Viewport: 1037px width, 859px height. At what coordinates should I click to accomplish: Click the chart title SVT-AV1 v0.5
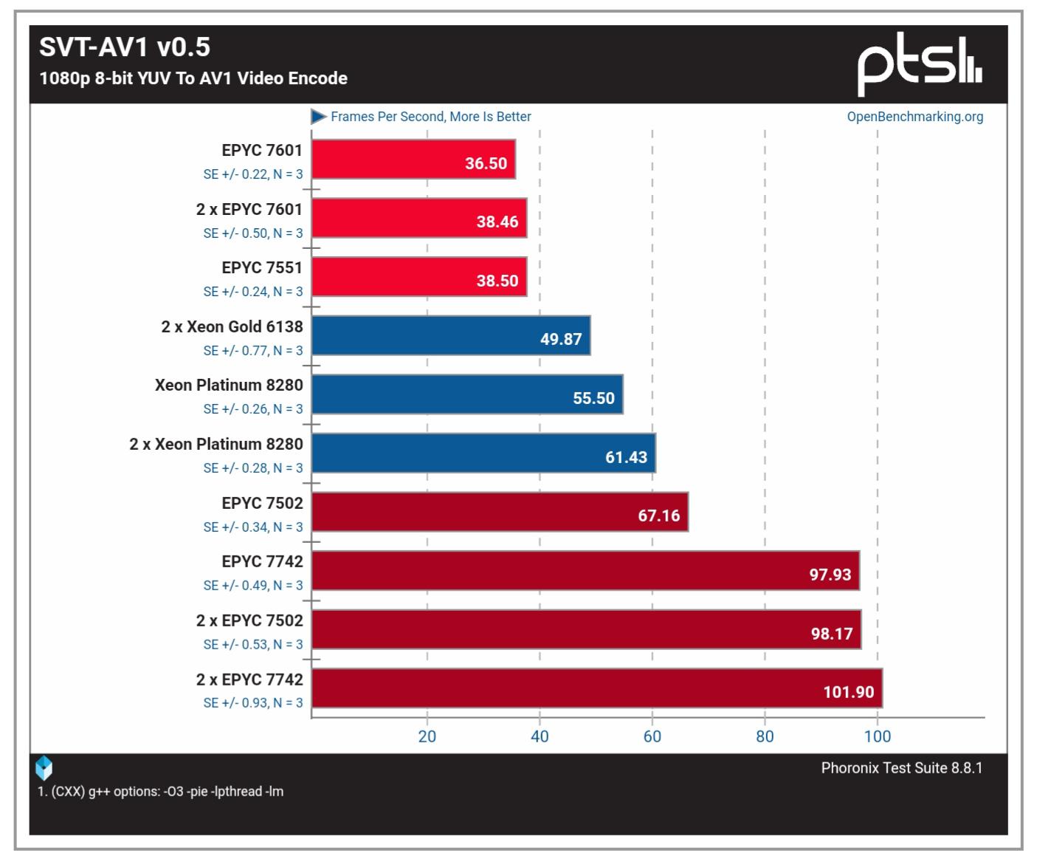(124, 47)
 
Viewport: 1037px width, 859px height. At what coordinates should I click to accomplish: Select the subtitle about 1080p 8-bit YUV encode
(193, 78)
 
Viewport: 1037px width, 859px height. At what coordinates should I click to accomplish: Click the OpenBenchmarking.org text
(914, 117)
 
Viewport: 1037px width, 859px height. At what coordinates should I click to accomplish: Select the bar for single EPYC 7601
(413, 160)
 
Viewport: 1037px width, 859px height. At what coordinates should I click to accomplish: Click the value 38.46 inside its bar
(497, 222)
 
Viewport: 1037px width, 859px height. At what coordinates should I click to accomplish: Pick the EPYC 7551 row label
(262, 267)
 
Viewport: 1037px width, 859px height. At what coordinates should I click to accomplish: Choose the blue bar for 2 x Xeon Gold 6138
(450, 336)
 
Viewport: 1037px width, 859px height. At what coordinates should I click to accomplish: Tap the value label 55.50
(593, 398)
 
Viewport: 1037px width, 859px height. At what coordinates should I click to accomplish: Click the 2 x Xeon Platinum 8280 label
(216, 444)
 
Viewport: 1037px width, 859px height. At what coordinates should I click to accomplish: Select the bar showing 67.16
(500, 512)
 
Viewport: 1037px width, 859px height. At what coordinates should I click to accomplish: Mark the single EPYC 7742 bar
(585, 571)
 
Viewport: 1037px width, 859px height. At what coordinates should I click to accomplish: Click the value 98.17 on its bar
(831, 634)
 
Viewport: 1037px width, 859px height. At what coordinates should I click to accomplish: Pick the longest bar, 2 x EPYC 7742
(596, 688)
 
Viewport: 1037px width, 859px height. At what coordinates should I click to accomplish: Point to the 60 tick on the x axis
(652, 736)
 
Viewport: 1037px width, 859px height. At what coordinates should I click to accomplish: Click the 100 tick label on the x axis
(877, 736)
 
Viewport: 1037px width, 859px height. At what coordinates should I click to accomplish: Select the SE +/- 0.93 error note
(252, 703)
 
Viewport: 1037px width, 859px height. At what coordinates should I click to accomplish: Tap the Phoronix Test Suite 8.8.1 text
(901, 768)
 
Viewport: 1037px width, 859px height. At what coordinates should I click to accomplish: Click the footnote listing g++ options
(161, 792)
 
